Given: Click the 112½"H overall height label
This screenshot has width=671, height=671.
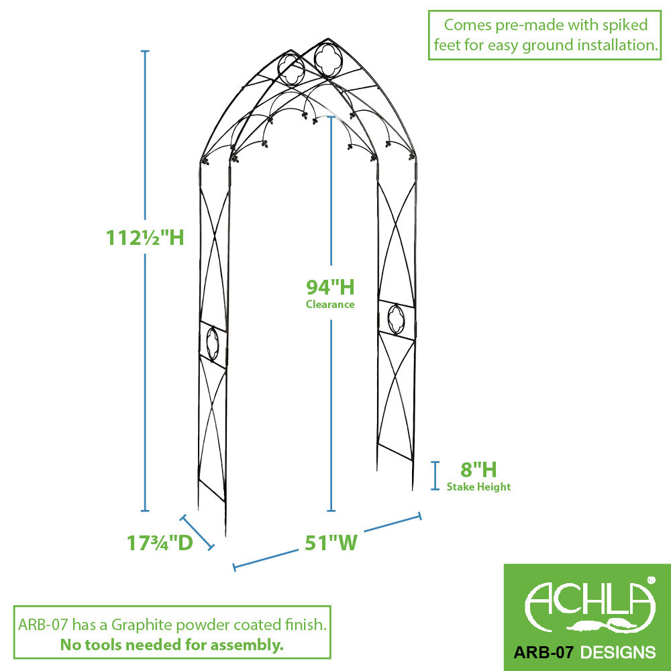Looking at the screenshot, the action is tap(145, 237).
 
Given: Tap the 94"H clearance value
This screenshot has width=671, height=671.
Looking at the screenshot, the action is tap(330, 287).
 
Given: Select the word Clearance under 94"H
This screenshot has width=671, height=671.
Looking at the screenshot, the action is tap(330, 304).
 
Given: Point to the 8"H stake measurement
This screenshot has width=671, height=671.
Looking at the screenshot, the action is tap(478, 470).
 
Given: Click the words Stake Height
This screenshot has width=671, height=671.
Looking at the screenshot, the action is tap(478, 487).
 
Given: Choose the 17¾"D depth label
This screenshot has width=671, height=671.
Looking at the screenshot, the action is tap(160, 543).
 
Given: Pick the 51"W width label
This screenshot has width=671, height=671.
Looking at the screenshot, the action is tap(331, 543).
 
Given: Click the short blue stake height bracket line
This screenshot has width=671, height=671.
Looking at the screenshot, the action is tap(435, 476).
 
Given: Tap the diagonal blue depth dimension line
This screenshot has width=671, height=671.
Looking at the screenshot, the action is tap(197, 532).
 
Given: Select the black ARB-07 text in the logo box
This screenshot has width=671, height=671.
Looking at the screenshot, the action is tap(543, 652).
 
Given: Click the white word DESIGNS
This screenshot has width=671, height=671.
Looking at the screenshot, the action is tap(618, 652).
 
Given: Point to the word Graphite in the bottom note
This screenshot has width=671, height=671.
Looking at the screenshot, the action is tap(142, 625).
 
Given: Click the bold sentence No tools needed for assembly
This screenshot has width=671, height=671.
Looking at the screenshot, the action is tap(172, 644).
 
